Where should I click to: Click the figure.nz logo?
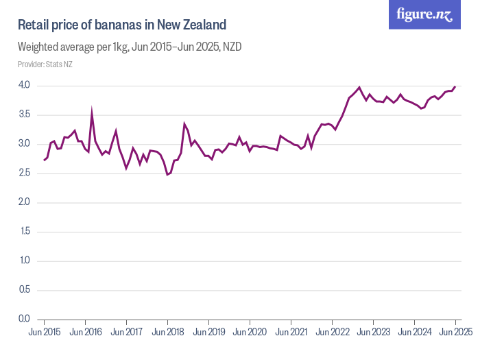point(424,14)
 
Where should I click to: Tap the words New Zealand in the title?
point(192,25)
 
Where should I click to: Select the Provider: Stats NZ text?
point(45,64)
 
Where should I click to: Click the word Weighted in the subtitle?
point(40,47)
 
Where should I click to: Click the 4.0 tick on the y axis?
point(25,86)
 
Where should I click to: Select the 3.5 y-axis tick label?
point(25,115)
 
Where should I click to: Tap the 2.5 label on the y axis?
point(25,173)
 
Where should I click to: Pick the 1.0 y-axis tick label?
point(25,261)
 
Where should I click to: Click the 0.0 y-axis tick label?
point(25,319)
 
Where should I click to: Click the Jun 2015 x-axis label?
point(45,332)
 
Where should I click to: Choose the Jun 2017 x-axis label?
point(127,332)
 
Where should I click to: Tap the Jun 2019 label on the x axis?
point(209,332)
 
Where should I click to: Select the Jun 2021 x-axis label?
point(291,332)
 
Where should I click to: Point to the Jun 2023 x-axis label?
point(374,332)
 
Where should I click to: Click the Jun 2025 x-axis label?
point(455,332)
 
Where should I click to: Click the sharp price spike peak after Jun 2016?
point(92,110)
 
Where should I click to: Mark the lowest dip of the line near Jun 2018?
point(167,175)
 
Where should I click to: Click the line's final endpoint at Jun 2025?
point(455,86)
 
